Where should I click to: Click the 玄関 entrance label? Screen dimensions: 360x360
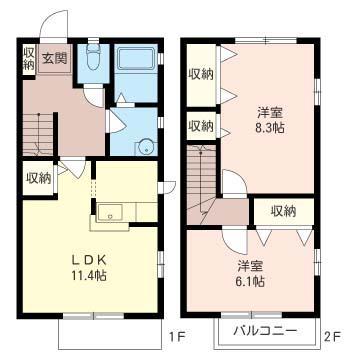(55, 58)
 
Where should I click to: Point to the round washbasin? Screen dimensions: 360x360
(144, 143)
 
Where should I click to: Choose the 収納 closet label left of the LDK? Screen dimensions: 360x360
(39, 178)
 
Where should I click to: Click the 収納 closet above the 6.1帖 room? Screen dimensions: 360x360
(282, 211)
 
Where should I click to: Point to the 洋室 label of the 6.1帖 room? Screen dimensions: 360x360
(251, 266)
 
